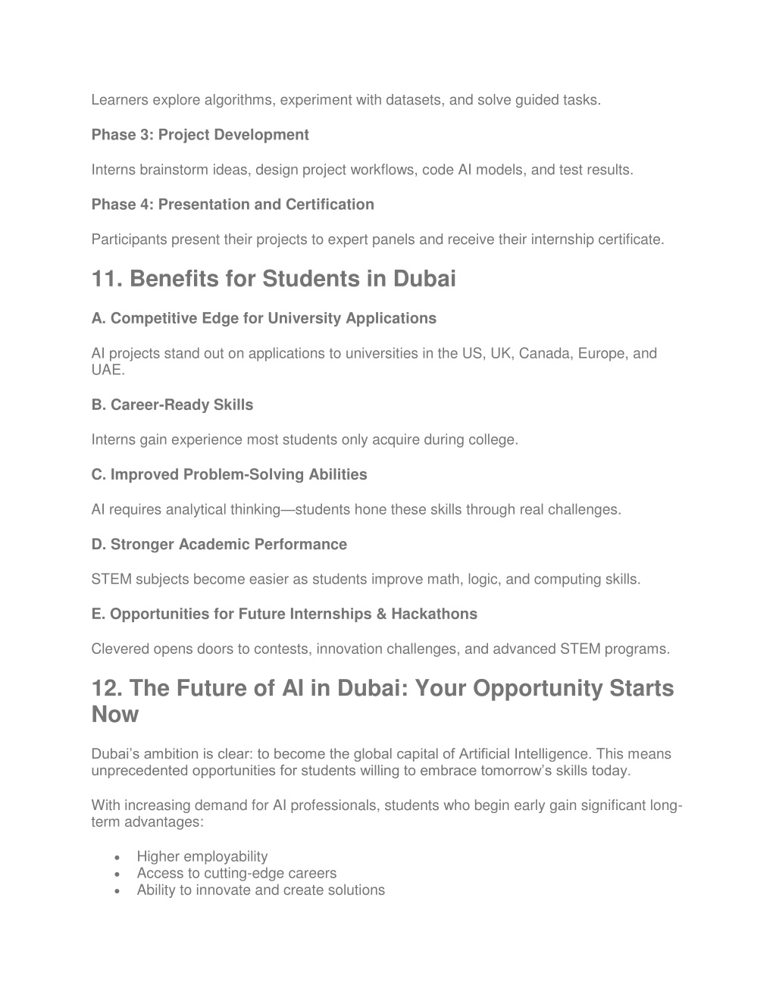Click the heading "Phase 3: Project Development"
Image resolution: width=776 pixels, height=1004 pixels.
(200, 135)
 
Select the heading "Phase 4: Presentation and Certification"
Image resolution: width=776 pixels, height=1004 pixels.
(233, 205)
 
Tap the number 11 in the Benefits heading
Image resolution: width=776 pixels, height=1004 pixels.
(106, 279)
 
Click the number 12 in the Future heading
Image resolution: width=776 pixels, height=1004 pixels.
(106, 688)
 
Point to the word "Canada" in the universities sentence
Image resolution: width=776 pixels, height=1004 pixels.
(544, 353)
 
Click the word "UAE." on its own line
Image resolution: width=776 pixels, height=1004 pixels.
(108, 370)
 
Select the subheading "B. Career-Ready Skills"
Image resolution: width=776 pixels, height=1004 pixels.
(172, 405)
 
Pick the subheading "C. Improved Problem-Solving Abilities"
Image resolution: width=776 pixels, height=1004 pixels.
(229, 474)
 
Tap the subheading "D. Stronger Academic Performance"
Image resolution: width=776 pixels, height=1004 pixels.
(219, 544)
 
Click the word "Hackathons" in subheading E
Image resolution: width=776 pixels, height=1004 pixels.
(434, 614)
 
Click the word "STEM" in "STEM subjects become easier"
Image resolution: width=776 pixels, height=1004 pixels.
(111, 579)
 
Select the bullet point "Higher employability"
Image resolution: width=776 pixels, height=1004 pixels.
(202, 856)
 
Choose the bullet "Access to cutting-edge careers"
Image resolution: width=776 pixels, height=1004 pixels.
(236, 873)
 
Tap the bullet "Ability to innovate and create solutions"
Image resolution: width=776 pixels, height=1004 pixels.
(261, 890)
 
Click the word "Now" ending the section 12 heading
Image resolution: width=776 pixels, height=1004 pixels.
(115, 714)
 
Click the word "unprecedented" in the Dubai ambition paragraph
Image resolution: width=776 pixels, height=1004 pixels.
(140, 771)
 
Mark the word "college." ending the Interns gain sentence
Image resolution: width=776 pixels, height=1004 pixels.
(496, 439)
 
